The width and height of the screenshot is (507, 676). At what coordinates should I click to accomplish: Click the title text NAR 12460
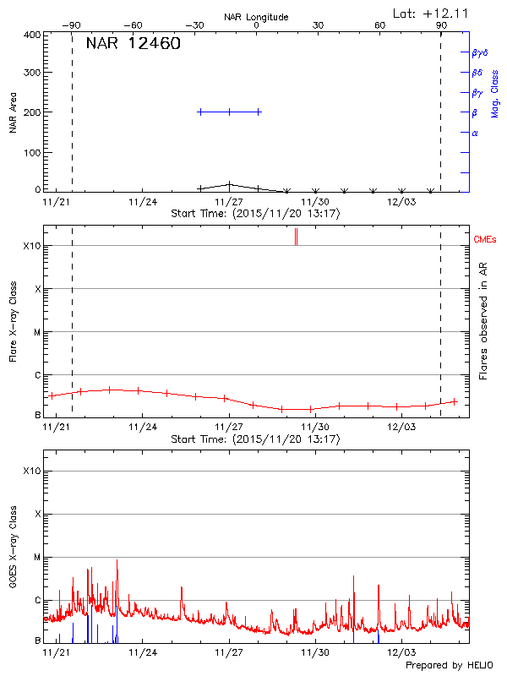coord(134,44)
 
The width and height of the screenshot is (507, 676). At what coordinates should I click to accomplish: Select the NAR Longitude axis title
coord(256,17)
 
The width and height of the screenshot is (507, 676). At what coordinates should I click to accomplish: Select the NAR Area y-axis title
coord(14,112)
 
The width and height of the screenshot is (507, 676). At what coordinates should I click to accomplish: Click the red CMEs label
coord(485,240)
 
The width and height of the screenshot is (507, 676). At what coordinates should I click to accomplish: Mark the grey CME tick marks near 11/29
coord(296,237)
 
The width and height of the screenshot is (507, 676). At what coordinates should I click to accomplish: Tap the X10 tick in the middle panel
coord(30,246)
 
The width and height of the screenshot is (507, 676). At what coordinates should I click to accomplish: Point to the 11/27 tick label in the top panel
coord(229,202)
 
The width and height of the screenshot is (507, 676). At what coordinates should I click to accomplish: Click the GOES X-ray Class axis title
coord(14,553)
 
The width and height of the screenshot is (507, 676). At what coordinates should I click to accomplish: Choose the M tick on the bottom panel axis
coord(36,558)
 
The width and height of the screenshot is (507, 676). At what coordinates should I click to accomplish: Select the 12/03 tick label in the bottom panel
coord(401,653)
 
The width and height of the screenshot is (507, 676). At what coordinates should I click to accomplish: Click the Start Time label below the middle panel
coord(255,439)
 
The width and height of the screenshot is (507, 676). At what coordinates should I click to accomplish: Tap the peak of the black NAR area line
coord(229,183)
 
